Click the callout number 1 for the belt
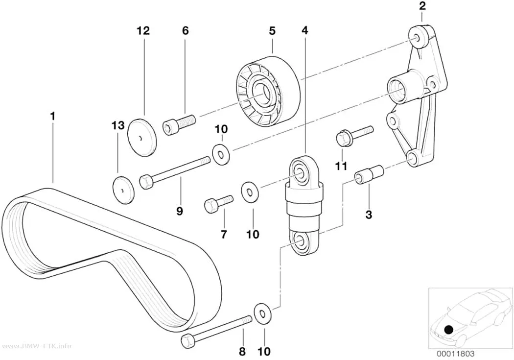click(52, 116)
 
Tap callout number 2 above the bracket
click(422, 6)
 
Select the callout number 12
click(143, 31)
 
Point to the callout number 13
click(118, 125)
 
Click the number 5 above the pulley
click(272, 31)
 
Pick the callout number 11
click(341, 166)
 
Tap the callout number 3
click(369, 215)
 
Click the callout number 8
click(242, 352)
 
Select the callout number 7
click(224, 235)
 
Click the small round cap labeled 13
click(123, 190)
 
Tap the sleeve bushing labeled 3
click(369, 175)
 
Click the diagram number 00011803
click(455, 354)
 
